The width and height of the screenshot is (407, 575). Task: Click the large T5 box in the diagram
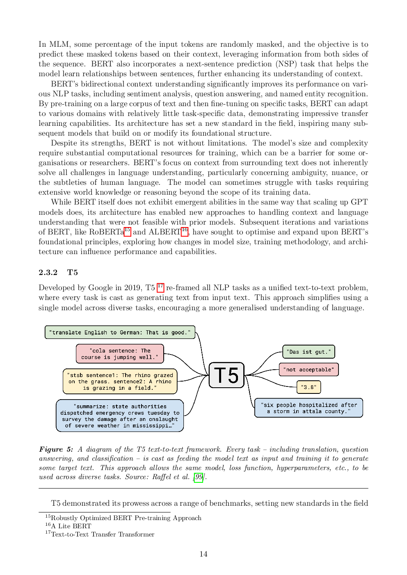click(226, 375)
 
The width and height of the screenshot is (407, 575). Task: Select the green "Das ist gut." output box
click(309, 352)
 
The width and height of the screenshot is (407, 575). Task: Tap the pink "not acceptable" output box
click(309, 369)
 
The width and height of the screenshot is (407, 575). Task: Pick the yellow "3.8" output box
click(309, 387)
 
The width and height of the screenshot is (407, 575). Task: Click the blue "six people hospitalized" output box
click(309, 408)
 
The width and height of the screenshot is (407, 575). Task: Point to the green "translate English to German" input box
click(120, 332)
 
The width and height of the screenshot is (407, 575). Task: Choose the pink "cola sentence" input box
click(120, 354)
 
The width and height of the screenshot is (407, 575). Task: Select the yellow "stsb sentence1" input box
click(120, 382)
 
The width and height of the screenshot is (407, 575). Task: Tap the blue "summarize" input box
click(120, 416)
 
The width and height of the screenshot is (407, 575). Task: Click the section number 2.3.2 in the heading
click(48, 273)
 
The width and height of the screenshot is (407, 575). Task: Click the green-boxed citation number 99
click(199, 477)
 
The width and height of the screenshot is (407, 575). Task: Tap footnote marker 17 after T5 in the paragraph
click(160, 286)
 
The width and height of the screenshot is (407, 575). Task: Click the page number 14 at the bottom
click(203, 554)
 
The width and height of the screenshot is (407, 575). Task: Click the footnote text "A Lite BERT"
click(71, 526)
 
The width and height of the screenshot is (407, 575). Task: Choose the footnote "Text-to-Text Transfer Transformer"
click(103, 534)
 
